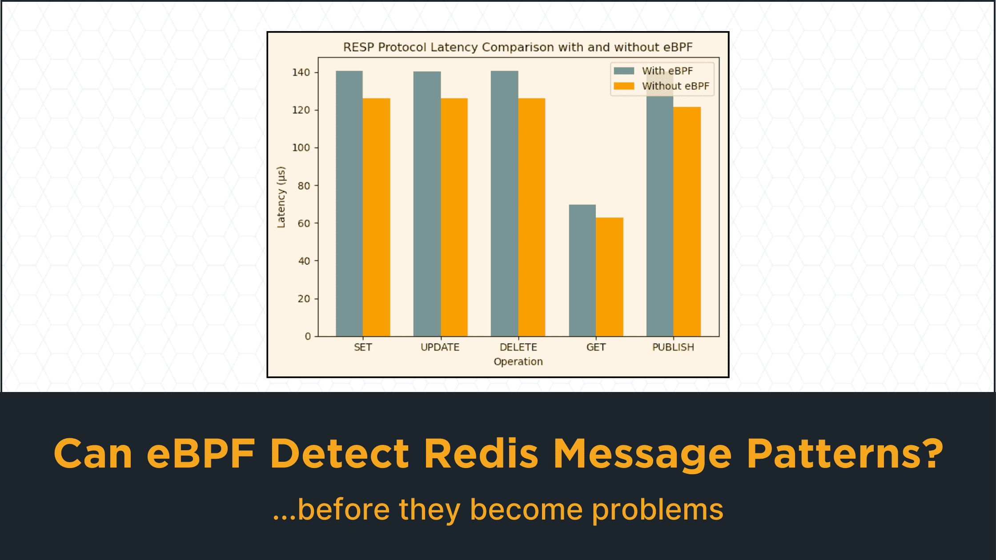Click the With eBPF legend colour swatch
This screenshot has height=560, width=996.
point(624,71)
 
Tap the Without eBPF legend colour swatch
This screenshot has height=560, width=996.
point(624,86)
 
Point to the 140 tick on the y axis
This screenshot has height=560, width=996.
point(301,72)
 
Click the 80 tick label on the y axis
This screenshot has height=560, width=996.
point(304,186)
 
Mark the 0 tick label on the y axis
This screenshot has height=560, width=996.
point(308,336)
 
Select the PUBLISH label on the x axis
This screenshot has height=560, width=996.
point(673,347)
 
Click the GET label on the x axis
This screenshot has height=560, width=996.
point(596,347)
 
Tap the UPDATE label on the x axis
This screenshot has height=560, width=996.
point(440,347)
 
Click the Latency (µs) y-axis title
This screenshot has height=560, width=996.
point(281,197)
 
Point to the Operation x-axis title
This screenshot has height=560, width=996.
point(518,362)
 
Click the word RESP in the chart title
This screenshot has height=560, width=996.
point(358,47)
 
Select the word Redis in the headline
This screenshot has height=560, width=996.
point(481,454)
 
